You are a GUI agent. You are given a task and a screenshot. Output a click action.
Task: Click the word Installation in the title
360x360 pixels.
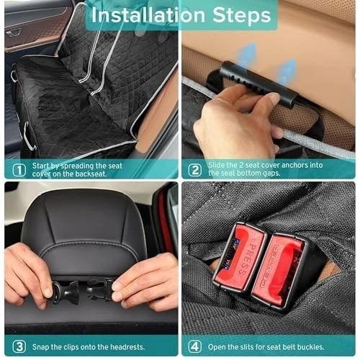[x=148, y=15]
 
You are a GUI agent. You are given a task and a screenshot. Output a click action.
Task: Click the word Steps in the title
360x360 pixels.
[x=242, y=15]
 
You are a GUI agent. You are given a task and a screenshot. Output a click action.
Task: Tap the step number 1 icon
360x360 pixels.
[x=19, y=170]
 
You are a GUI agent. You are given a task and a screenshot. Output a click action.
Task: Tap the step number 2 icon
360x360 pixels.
[x=194, y=170]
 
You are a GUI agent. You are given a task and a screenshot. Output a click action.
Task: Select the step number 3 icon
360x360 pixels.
[x=19, y=347]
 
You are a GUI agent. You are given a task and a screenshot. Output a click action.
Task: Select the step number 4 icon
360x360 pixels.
[x=194, y=347]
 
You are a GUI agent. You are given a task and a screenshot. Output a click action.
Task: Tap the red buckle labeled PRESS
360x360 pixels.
[x=240, y=257]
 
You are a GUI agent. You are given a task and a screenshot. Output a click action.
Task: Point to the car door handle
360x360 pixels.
[x=14, y=33]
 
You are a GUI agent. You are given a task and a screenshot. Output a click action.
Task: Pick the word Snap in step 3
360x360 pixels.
[x=40, y=347]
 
